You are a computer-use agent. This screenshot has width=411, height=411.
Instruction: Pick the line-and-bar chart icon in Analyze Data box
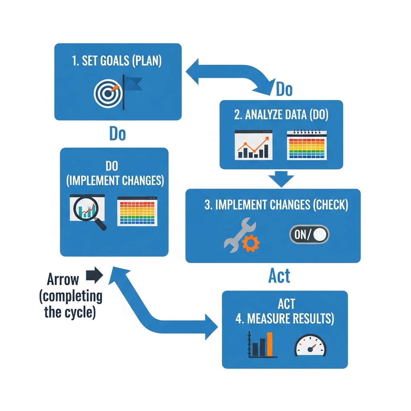coord(253,145)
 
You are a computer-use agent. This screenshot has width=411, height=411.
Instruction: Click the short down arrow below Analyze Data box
coord(281,179)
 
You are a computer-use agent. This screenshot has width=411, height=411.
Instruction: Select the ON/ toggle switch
coord(309,235)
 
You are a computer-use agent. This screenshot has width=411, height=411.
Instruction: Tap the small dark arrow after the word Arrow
coord(95,275)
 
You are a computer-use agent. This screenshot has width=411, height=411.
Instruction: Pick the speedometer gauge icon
coord(310,346)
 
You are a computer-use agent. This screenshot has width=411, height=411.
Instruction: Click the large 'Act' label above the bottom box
coord(279,276)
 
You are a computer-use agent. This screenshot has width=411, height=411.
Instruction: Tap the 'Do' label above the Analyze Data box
coord(284,90)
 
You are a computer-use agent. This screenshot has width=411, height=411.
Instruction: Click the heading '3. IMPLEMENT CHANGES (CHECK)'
coord(276,205)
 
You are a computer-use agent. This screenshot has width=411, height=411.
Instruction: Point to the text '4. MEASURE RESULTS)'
coord(285,319)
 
